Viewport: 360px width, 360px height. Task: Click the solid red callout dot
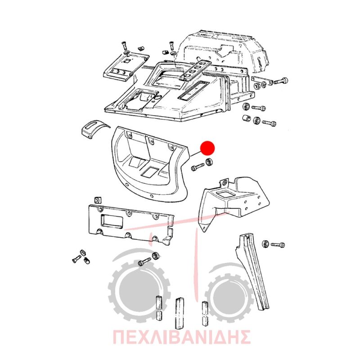207,148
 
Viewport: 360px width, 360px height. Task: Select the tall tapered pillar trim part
252,270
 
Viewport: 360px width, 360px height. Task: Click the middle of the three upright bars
179,313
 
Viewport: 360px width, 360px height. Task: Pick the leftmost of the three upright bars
159,307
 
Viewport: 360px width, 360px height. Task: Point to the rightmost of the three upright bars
205,313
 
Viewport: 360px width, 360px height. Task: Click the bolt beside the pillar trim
278,245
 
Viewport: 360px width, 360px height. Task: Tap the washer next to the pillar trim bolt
265,244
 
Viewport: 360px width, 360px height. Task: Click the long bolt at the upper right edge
280,81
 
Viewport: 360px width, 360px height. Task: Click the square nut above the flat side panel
98,200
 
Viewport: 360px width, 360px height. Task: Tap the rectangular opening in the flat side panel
112,221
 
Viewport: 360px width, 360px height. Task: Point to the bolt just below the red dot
198,167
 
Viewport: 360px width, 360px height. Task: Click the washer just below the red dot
209,162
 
